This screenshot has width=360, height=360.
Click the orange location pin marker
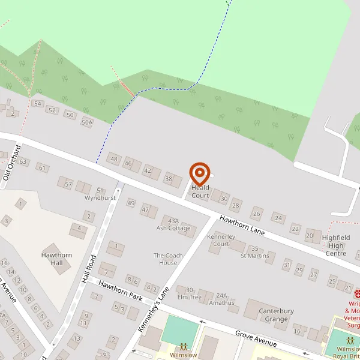pos(200,174)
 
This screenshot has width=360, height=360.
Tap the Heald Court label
pos(200,192)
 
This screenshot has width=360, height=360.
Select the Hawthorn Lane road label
pos(241,226)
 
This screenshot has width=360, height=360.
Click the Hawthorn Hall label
pos(56,259)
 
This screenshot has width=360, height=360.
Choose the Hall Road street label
pos(89,271)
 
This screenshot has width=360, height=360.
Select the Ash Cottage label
pos(173,228)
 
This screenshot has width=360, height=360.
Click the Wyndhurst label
pos(100,197)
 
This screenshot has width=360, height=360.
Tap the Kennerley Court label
pos(218,240)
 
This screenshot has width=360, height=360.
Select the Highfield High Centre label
pos(336,245)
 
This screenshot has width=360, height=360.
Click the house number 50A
pos(88,123)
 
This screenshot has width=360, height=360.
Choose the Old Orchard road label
pos(13,163)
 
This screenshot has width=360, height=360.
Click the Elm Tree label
pos(190,296)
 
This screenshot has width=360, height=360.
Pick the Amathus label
pos(221,303)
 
